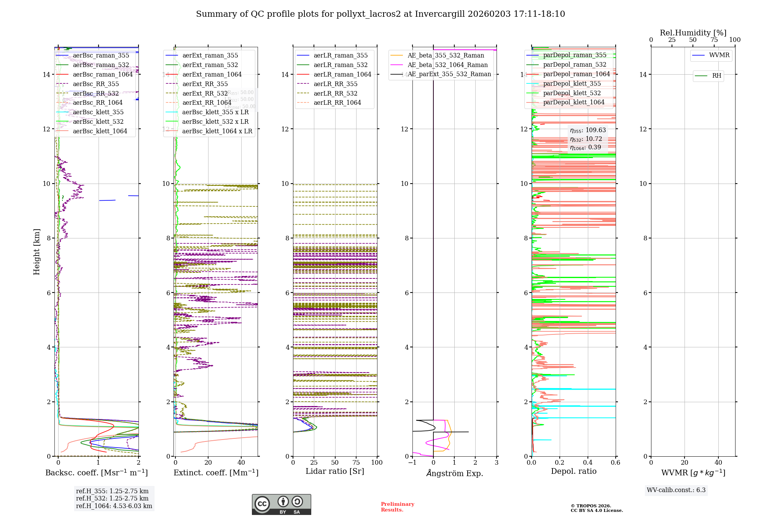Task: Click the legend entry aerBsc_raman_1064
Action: pos(103,74)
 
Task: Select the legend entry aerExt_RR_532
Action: pos(205,93)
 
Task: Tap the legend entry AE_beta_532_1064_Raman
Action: pos(447,65)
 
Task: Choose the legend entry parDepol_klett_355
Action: pos(572,83)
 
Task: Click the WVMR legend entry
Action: pos(719,55)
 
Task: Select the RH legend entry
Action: pos(716,76)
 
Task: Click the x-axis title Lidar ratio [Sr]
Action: pos(335,471)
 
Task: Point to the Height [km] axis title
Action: pos(37,252)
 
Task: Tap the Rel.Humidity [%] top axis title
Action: pos(693,33)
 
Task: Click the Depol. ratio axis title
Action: pos(573,471)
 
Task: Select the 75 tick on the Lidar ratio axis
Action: pos(356,462)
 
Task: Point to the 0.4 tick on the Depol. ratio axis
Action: pos(587,462)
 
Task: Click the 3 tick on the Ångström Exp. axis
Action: pos(496,462)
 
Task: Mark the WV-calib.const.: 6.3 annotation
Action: pos(676,490)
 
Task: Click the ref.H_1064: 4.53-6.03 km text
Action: pos(114,506)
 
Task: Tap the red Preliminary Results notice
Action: pos(397,507)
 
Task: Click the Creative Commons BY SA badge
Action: pos(281,505)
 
